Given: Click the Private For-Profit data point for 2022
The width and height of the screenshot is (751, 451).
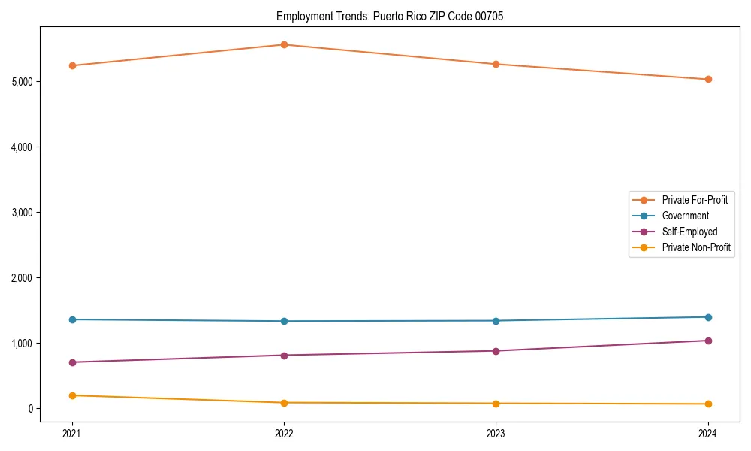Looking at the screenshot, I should pos(284,44).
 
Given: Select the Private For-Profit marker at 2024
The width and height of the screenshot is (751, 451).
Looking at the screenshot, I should pos(708,79).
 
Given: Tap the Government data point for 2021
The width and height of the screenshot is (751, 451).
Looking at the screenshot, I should pos(72,319).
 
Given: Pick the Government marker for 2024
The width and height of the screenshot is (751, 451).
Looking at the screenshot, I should pos(708,317).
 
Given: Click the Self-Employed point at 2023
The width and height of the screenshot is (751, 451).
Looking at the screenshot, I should pos(496,351).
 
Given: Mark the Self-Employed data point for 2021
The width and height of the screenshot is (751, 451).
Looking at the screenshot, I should pos(72,362).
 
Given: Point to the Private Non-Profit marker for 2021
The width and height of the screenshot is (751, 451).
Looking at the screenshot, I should pos(72,395).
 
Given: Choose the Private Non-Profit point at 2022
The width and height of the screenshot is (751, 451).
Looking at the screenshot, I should pos(284,403).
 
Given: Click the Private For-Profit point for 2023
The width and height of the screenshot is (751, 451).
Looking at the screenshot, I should pos(496,64).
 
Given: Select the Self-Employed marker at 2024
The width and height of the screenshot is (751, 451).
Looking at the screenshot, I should pos(708,341).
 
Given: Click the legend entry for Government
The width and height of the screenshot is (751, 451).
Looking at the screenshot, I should pos(685,216).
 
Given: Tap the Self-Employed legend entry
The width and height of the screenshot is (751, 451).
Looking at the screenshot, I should pos(689,232).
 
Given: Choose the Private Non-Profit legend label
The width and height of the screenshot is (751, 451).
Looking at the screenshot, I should pos(696,247).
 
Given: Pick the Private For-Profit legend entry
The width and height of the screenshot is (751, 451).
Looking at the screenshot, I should pos(695,200).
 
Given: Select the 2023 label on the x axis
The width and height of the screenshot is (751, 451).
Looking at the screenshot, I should pos(496,433).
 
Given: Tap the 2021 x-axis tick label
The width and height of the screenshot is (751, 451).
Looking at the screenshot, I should pos(72,433).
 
